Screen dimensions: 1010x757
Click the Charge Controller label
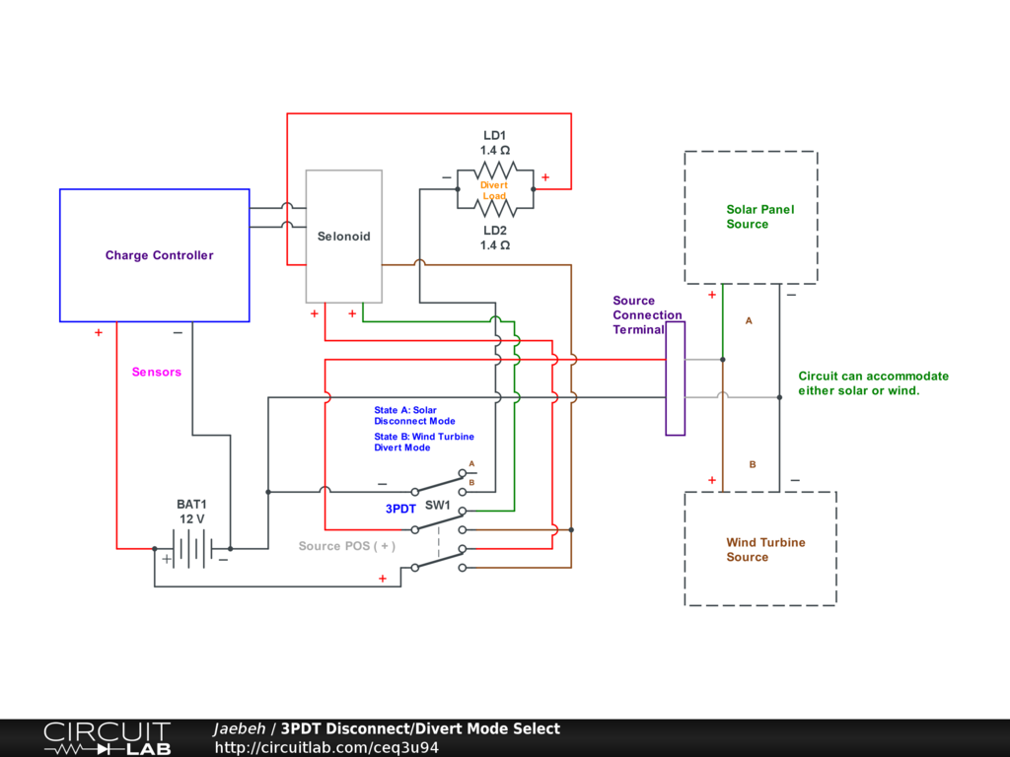[x=159, y=255]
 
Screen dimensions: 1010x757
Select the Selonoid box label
[x=344, y=237]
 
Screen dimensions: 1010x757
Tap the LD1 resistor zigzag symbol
[x=495, y=171]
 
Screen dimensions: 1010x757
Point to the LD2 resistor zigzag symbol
[x=495, y=208]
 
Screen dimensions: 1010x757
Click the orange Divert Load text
[x=494, y=190]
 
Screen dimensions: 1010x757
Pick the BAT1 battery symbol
[x=192, y=549]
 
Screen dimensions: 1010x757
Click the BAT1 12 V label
[x=192, y=512]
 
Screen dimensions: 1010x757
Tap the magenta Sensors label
[x=157, y=372]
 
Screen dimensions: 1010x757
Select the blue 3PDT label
[x=400, y=509]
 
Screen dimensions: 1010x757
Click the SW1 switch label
[x=437, y=506]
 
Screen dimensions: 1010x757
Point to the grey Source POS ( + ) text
[x=346, y=546]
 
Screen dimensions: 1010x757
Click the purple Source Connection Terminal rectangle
[x=675, y=378]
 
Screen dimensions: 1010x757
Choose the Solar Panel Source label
[x=760, y=217]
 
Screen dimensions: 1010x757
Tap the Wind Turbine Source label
[x=765, y=550]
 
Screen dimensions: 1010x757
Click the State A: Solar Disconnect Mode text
[x=415, y=415]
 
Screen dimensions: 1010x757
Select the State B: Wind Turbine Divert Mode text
[x=424, y=442]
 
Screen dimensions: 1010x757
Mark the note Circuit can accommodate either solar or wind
[x=874, y=383]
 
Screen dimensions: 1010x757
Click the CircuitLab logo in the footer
[x=107, y=738]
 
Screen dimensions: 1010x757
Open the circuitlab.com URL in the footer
[x=326, y=747]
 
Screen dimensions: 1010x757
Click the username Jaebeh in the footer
[x=239, y=728]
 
